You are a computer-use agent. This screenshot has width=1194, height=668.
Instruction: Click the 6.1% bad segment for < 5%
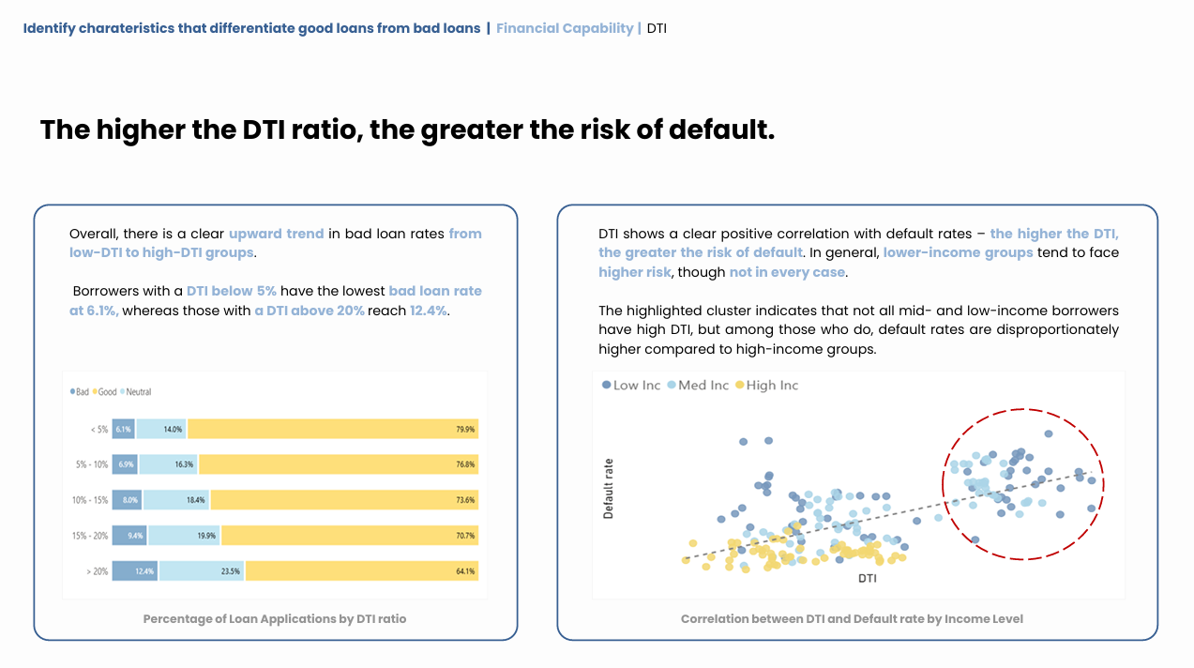[x=124, y=429]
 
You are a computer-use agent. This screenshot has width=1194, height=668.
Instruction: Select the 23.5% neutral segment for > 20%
[x=202, y=570]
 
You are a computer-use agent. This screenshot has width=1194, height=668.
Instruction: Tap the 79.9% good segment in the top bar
[x=333, y=429]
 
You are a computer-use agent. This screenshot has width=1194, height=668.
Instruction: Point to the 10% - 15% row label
[x=90, y=500]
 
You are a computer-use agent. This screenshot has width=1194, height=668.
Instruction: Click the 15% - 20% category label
[x=90, y=536]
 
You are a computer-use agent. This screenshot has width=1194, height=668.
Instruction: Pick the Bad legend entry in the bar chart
[x=80, y=392]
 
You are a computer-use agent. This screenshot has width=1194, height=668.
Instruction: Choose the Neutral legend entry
[x=135, y=392]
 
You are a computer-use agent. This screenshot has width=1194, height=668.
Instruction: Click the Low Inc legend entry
[x=631, y=386]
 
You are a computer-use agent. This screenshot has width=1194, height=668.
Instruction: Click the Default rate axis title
[x=609, y=488]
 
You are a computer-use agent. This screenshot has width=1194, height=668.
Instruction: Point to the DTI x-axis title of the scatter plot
[x=868, y=579]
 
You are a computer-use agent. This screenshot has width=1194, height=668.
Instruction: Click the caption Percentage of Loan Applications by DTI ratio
[x=275, y=619]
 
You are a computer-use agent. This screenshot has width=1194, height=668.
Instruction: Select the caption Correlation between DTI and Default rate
[x=852, y=619]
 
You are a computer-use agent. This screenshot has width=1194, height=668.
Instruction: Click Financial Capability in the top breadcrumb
[x=565, y=28]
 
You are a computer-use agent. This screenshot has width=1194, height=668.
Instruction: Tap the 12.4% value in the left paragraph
[x=429, y=310]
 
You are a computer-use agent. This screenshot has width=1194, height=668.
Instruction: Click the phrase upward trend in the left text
[x=277, y=234]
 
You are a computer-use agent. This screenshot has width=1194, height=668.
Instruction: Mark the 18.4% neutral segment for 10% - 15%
[x=176, y=500]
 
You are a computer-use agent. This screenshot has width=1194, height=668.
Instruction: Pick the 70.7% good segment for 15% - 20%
[x=350, y=536]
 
